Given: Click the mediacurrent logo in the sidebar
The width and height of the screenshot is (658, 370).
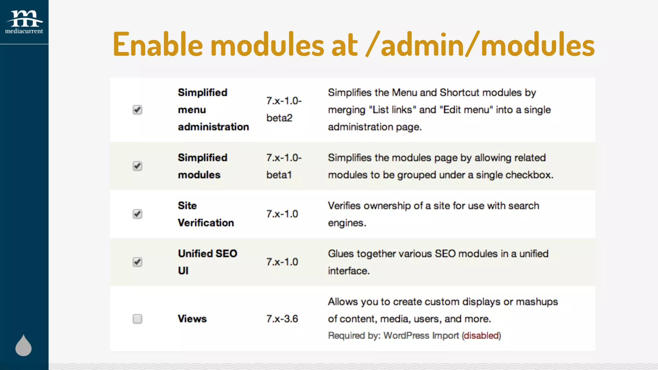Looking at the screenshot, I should [x=24, y=22].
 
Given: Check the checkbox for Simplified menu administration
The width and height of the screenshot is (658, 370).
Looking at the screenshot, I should [x=138, y=110].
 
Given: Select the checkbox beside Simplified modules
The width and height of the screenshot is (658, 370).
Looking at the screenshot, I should [x=138, y=166].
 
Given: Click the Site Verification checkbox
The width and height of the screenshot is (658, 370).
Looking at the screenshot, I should [x=138, y=214].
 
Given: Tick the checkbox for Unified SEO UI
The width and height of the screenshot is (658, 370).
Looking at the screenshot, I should [x=138, y=262].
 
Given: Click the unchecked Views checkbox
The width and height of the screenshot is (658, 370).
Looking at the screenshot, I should [x=138, y=319].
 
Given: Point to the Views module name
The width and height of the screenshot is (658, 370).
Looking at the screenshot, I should [x=192, y=319].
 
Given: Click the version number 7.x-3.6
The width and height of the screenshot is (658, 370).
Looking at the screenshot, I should [x=282, y=319].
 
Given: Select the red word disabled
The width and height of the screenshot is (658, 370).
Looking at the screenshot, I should [x=481, y=336].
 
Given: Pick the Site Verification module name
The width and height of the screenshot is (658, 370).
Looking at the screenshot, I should [x=206, y=214].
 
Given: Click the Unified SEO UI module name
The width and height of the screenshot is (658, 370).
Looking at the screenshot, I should [x=207, y=262].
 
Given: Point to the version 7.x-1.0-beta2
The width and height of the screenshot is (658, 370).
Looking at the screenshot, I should [x=283, y=110].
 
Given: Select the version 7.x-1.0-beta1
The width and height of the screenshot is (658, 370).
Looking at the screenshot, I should [x=283, y=166].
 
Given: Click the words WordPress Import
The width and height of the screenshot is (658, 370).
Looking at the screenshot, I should [x=421, y=336].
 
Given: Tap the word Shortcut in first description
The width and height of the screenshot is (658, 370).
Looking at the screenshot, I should [x=459, y=93].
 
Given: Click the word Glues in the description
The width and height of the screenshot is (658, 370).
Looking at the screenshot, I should [x=341, y=254].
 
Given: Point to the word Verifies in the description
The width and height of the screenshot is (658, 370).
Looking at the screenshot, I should [x=344, y=206].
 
